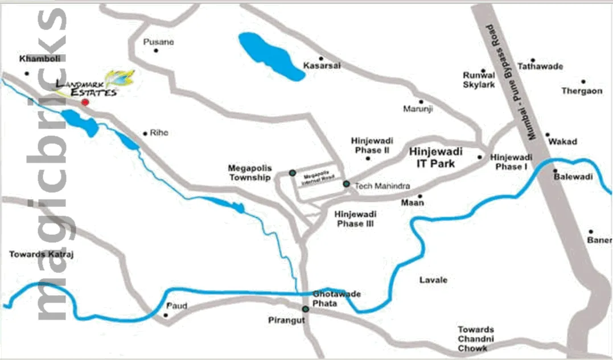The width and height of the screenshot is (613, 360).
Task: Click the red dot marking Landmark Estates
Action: (85, 102)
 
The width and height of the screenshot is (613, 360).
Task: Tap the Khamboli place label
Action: (35, 59)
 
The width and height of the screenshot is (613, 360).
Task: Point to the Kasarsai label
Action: (322, 66)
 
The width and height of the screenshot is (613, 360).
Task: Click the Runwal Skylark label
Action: (479, 80)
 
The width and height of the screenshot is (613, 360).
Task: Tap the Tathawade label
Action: (540, 67)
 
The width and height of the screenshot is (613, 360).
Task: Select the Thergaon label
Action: (581, 91)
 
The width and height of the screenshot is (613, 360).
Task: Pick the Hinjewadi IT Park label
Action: (436, 158)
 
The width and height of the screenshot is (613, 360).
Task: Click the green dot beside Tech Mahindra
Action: (346, 184)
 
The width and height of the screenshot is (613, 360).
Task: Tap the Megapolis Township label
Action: (250, 173)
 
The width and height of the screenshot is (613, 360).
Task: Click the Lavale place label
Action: (433, 280)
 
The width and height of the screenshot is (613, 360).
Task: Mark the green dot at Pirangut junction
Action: (306, 309)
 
